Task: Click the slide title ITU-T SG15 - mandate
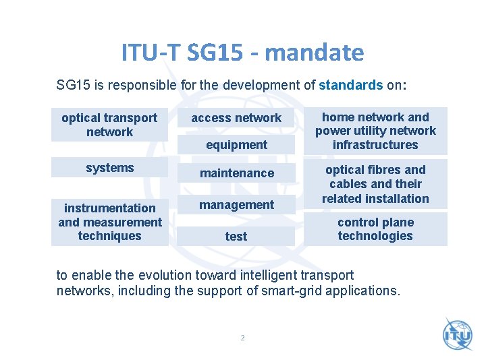point(242,52)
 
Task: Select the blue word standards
point(350,86)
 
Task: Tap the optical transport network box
point(109,125)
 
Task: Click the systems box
point(109,168)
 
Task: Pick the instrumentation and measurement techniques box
point(109,222)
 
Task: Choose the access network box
point(236,118)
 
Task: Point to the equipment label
point(236,145)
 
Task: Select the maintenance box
point(236,173)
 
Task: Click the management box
point(236,205)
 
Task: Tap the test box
point(236,237)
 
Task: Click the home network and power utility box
point(375,131)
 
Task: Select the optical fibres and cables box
point(375,184)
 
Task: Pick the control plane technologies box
point(375,229)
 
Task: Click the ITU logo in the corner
point(458,334)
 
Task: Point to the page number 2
point(242,338)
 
